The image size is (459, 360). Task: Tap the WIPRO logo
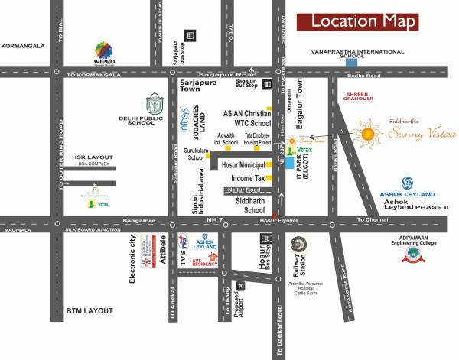(104, 53)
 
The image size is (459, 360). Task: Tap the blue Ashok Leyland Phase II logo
(407, 183)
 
